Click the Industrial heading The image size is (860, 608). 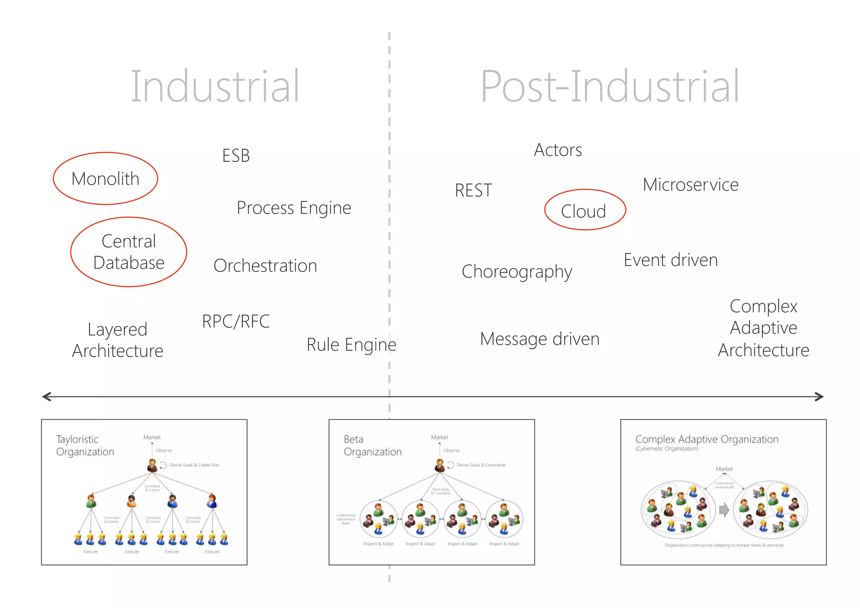pos(215,86)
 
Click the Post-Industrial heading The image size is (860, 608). pos(609,86)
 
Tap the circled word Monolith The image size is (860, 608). pos(105,179)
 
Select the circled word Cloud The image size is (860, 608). pos(584,211)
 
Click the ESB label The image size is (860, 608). pos(236,156)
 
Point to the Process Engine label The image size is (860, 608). pos(294,208)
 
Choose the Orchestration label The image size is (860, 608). pos(265,266)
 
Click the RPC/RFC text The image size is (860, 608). pos(236,321)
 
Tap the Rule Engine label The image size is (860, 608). pos(351,344)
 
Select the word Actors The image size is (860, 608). pos(558,150)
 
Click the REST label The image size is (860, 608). pos(473,190)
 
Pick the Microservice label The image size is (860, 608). pos(690,185)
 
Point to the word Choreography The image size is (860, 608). pos(517,272)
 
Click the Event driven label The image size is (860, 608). pos(671,260)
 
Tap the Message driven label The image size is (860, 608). pos(540,339)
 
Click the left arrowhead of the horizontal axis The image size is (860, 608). pos(46,397)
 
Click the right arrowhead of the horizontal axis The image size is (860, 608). pos(819,397)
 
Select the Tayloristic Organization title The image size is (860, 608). pos(85,445)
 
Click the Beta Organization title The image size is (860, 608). pos(372,445)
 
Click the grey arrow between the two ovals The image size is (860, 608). pos(724,510)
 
